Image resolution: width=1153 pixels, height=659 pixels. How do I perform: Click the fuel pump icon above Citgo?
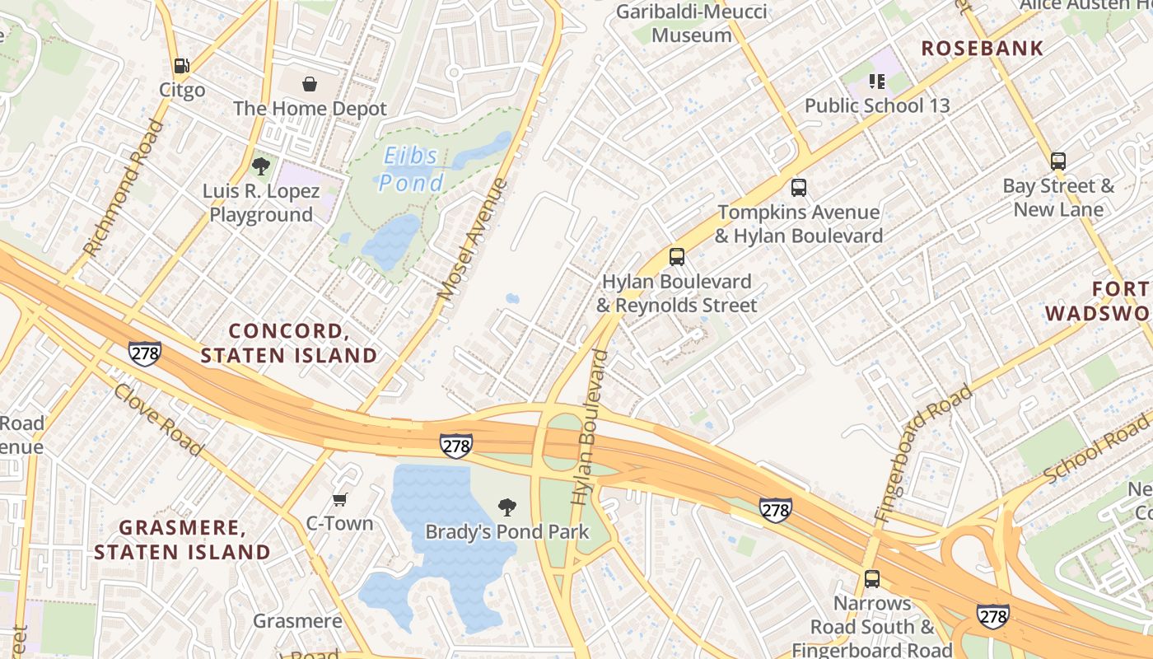point(181,66)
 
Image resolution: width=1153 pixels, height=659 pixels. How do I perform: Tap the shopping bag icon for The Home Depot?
point(310,84)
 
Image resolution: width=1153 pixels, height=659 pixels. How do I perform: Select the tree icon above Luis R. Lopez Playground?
point(261,166)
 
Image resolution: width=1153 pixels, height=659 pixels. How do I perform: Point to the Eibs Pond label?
point(412,169)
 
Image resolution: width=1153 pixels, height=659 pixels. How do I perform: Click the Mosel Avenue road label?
point(472,239)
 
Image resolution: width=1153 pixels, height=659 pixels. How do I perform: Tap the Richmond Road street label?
point(124,188)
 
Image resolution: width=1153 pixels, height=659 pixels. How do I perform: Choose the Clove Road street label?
point(158,420)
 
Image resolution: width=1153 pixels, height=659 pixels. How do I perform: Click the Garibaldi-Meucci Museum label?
point(692,23)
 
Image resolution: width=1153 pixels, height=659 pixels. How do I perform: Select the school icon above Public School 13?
point(877,81)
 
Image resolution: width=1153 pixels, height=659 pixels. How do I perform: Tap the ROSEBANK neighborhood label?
point(982,49)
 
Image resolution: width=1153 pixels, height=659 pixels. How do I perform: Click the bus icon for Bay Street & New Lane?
point(1058,161)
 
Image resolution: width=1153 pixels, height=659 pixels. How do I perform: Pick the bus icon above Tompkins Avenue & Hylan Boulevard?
point(798,187)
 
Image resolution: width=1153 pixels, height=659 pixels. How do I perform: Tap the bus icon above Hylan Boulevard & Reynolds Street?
point(676,256)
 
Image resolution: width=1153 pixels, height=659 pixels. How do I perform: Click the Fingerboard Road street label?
point(922,454)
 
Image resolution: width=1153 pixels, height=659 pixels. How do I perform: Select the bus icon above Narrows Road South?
point(872,579)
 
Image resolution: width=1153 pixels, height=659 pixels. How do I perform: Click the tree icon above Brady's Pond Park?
point(507,507)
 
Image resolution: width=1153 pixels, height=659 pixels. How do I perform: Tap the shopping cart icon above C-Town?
point(339,499)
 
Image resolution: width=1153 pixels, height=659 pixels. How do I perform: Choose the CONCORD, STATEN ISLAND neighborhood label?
point(289,344)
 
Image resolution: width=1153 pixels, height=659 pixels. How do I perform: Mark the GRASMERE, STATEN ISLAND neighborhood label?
point(182,540)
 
